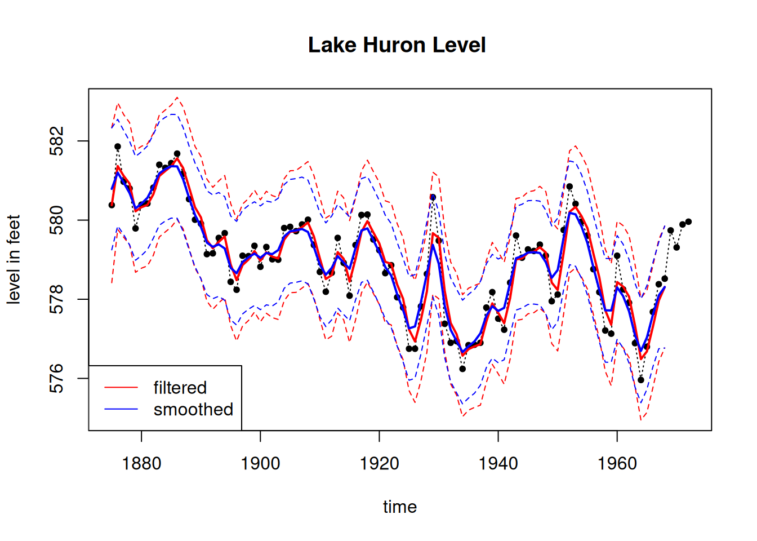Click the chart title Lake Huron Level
point(397,45)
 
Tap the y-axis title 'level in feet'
point(14,259)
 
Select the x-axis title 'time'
point(400,507)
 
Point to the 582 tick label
point(57,141)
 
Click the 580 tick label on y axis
point(57,220)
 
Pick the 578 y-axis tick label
point(57,299)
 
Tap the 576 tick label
point(57,378)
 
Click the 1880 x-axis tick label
point(141,464)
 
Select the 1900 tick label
point(260,464)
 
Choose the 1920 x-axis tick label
point(379,464)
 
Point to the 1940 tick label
point(498,464)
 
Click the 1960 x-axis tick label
point(617,464)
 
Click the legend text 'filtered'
point(180,388)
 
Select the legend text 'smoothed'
point(193,409)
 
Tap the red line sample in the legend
point(121,388)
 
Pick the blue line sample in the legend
point(121,409)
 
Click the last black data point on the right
point(688,222)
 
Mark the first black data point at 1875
point(112,205)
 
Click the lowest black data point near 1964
point(641,380)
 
